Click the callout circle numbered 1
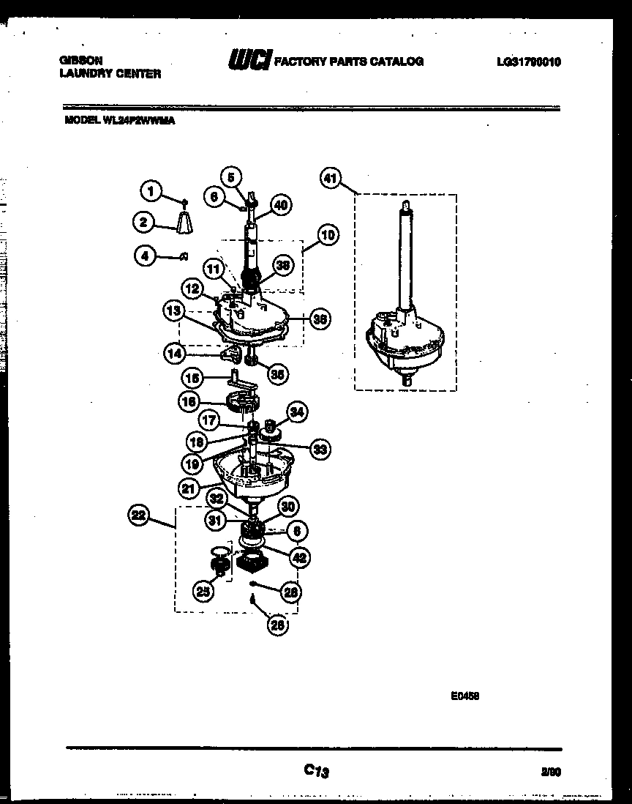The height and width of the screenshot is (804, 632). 150,193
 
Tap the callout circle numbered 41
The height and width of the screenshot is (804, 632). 331,178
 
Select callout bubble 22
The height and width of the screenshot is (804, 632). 138,516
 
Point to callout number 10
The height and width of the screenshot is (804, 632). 327,235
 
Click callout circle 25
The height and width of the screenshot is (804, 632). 204,591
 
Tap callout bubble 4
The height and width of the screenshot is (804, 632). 146,256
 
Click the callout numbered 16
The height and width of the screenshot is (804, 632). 189,401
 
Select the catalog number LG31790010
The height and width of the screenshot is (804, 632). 528,62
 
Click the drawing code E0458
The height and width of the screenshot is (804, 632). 464,697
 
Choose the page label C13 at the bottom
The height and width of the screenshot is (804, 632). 316,770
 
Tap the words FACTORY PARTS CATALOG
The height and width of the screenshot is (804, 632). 348,62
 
